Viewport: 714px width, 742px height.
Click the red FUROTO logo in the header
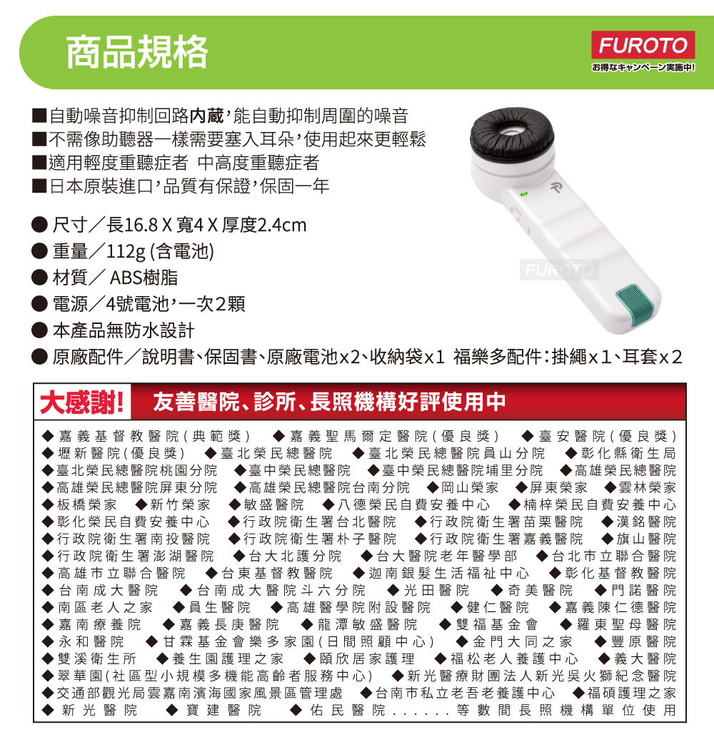643,46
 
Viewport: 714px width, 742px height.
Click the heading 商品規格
137,52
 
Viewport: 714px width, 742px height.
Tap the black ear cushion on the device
512,135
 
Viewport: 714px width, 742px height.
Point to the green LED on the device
523,194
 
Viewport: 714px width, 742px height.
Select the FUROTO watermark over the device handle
559,270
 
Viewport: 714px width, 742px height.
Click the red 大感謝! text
82,402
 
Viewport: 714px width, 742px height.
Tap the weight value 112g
126,252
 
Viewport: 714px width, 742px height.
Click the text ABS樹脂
144,278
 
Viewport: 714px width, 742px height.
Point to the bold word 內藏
206,116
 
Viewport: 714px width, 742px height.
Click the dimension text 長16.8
132,225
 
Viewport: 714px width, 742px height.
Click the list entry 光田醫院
436,591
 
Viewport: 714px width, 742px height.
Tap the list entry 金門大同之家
523,641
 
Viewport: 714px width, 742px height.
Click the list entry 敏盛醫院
273,505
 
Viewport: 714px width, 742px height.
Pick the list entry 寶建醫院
224,711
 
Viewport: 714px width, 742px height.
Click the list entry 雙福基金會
497,625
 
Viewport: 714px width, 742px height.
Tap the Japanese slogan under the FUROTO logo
643,68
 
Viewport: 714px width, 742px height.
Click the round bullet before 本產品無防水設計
40,330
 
